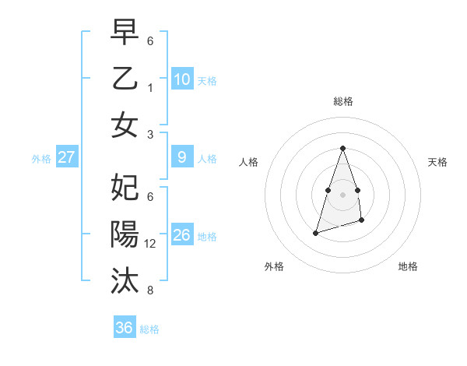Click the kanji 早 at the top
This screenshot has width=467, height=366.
[x=125, y=33]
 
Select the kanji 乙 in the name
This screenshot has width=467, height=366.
[x=125, y=79]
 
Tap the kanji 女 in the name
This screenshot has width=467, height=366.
[x=125, y=125]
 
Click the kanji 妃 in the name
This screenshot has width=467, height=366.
[x=125, y=188]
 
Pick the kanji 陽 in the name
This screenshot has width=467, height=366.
[x=125, y=234]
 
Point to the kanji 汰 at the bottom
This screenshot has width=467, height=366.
[x=125, y=281]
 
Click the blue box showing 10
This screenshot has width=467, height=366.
[x=182, y=79]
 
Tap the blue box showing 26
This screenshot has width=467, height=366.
[x=182, y=235]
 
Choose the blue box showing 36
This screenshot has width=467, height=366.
[x=124, y=328]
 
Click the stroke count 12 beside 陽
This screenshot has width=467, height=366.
[x=151, y=244]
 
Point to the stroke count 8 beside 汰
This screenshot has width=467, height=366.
[x=150, y=290]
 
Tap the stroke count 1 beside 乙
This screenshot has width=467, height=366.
[x=150, y=88]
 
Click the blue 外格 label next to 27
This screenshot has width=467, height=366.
[x=41, y=159]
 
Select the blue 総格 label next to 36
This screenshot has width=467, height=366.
[x=149, y=329]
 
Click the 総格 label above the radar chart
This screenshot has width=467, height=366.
[x=342, y=101]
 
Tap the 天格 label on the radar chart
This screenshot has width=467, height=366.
[x=437, y=162]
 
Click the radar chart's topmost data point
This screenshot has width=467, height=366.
[x=342, y=149]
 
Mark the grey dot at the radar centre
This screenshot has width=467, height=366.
[x=342, y=194]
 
